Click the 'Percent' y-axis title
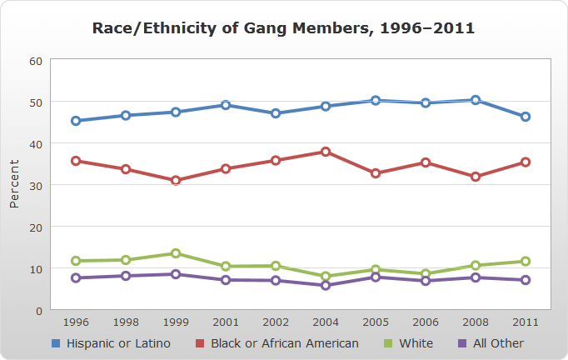point(14,185)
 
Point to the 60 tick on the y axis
point(36,61)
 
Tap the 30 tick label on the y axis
point(36,186)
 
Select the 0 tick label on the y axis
point(39,311)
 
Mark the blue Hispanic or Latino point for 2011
point(526,117)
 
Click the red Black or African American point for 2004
point(326,152)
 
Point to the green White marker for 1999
point(176,253)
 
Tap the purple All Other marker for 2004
point(326,285)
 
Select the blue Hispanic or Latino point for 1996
point(76,121)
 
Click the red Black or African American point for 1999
point(176,180)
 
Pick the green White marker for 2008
point(476,266)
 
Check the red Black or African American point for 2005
point(376,173)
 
